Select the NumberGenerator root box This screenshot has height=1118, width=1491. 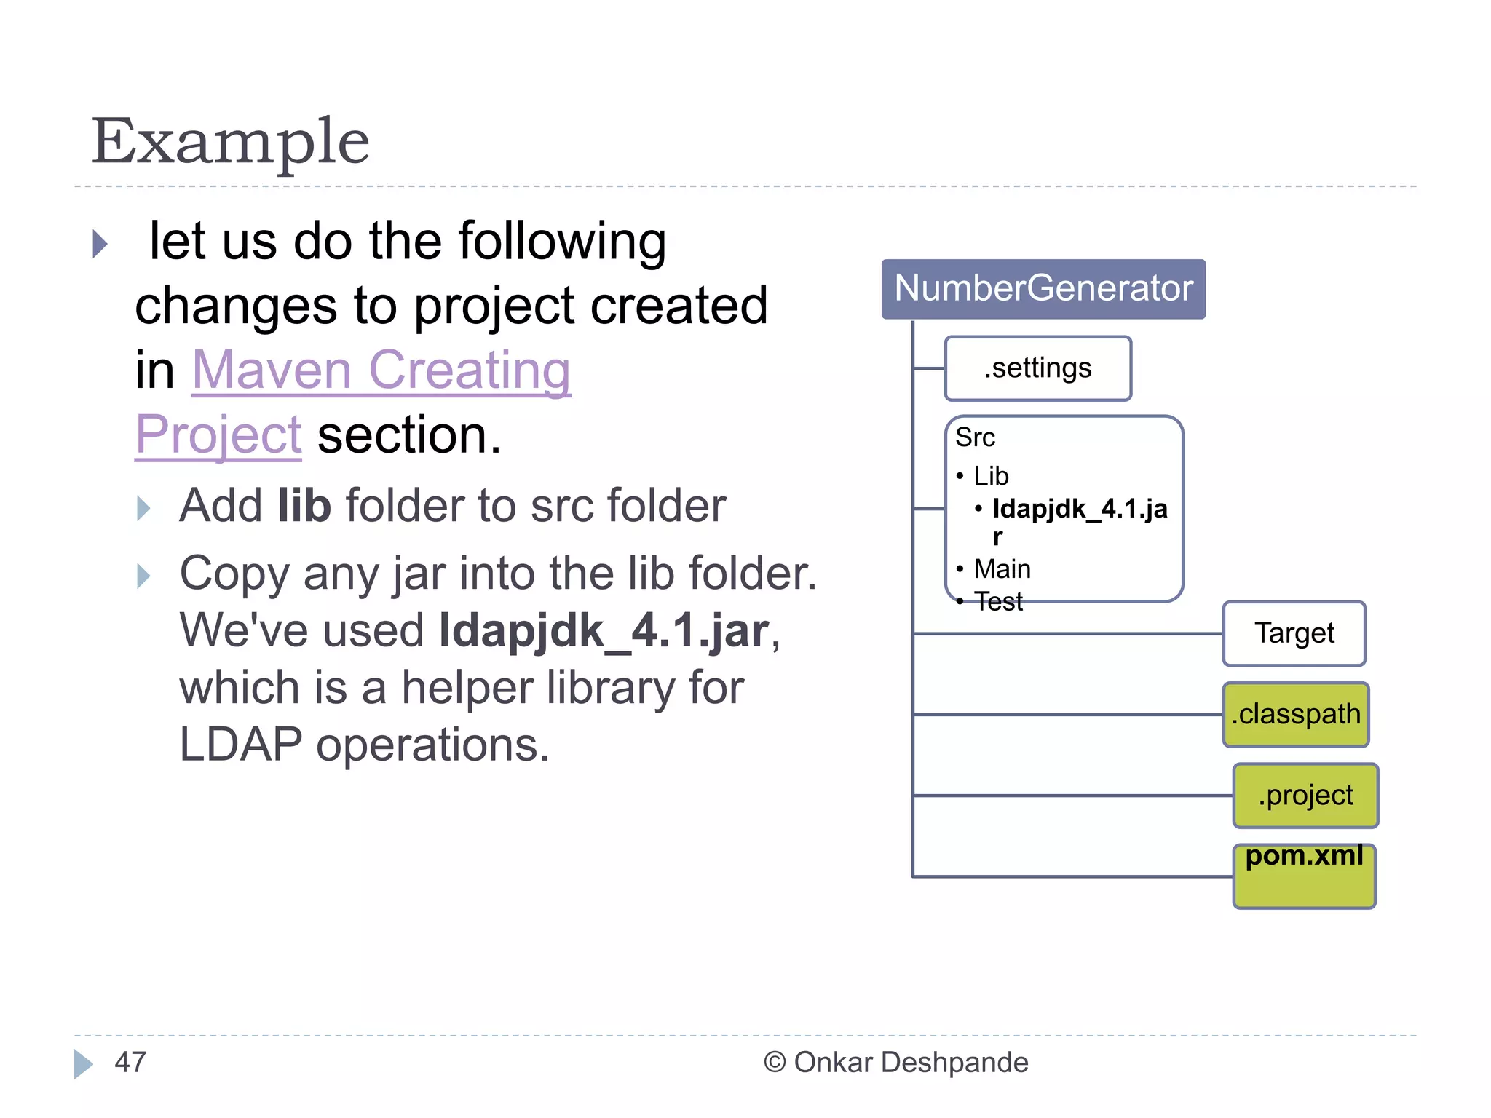point(1043,288)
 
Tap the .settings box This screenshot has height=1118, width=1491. point(1037,368)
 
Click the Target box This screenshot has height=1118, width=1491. point(1294,633)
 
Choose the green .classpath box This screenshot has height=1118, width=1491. point(1295,715)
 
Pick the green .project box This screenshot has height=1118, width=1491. point(1305,796)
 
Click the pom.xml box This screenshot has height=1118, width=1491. point(1304,876)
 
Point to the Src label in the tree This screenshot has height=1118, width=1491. point(975,437)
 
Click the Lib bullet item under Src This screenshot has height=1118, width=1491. point(991,476)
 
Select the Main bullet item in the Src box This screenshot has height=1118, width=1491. point(1002,568)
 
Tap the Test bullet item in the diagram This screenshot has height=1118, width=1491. point(998,602)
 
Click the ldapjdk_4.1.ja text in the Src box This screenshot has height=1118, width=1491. point(1080,509)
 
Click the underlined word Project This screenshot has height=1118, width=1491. point(218,435)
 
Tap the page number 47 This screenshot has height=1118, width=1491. point(130,1062)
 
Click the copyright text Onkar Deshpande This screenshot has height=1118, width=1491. point(910,1062)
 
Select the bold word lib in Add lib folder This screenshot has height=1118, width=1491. point(304,505)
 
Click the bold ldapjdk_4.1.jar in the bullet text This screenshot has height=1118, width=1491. point(604,630)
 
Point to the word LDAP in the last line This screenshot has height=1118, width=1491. point(240,745)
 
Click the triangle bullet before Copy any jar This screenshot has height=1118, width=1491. point(144,576)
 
